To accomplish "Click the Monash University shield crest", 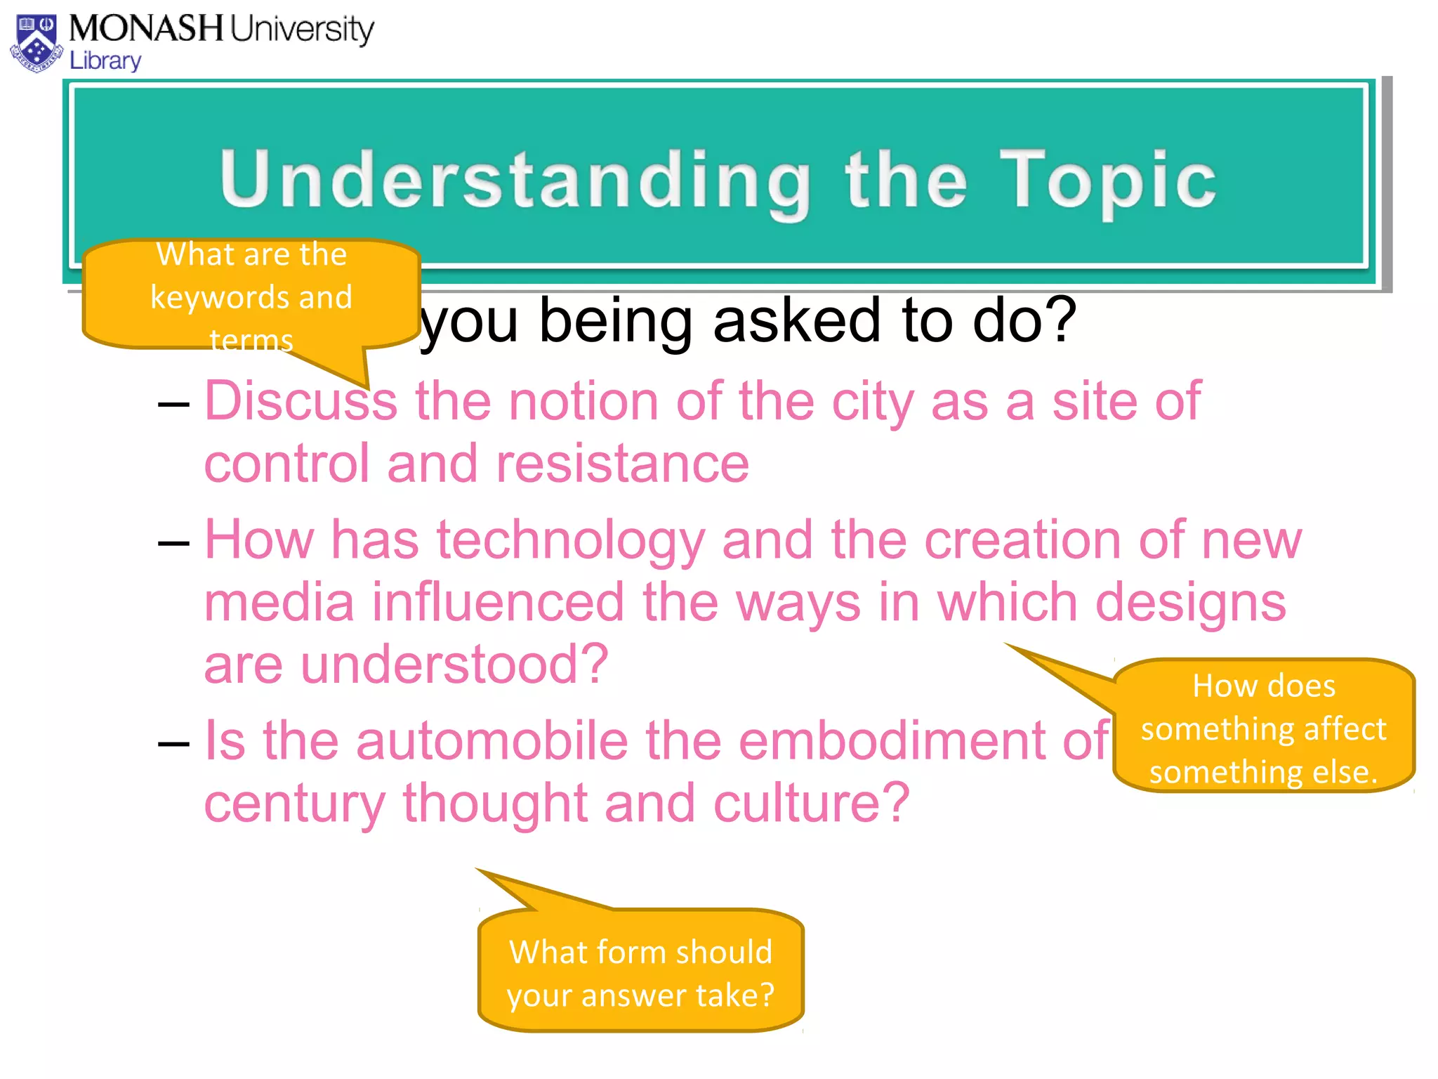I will pyautogui.click(x=37, y=44).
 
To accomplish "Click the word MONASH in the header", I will pyautogui.click(x=146, y=30).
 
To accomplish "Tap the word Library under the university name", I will pyautogui.click(x=105, y=61).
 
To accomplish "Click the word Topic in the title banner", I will pyautogui.click(x=1108, y=181).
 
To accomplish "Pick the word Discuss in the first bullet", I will pyautogui.click(x=301, y=401).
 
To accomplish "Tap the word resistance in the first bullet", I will pyautogui.click(x=623, y=464).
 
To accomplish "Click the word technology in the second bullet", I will pyautogui.click(x=571, y=540).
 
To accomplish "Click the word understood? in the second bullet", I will pyautogui.click(x=455, y=665).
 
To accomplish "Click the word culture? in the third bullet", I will pyautogui.click(x=812, y=803).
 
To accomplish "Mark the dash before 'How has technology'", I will pyautogui.click(x=173, y=543).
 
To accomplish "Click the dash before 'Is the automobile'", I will pyautogui.click(x=173, y=744).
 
